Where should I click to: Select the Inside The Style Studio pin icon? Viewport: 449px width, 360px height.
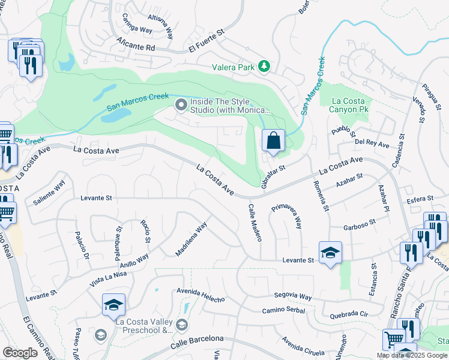(181, 106)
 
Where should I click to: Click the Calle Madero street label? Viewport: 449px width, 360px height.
(255, 222)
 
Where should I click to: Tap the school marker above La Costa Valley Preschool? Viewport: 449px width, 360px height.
(113, 305)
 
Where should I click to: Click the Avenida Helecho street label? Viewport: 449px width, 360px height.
(200, 295)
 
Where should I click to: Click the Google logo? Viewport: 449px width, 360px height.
(20, 353)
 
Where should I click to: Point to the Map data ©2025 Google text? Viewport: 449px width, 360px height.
(412, 355)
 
